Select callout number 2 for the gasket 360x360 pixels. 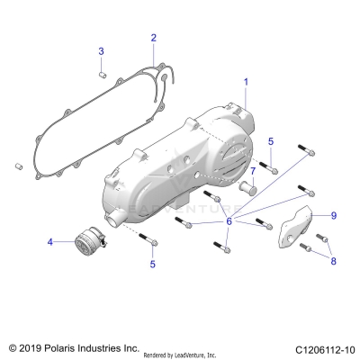point(153,38)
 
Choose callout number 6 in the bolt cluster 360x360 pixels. point(229,220)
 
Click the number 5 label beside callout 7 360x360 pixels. point(272,141)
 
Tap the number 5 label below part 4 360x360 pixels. point(152,264)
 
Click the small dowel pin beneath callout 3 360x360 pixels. point(103,74)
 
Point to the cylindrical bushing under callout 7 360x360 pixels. point(251,190)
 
